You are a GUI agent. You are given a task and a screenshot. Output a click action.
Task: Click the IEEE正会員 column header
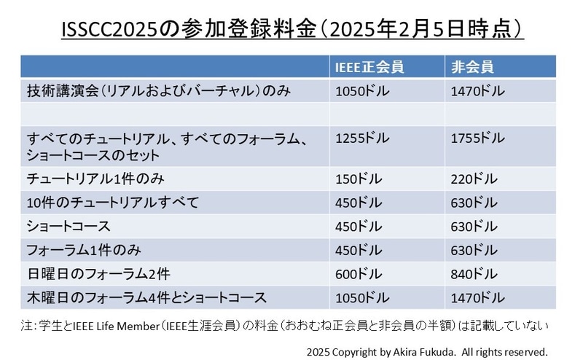click(368, 68)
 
